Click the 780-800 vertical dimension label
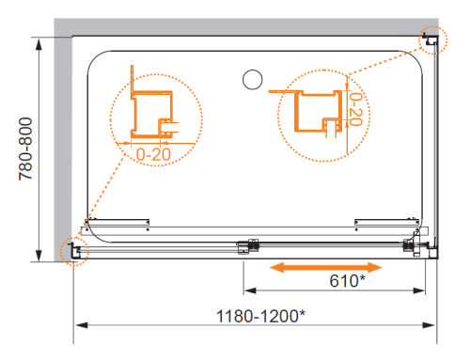click(25, 149)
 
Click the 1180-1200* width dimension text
click(260, 316)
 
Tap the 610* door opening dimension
click(347, 281)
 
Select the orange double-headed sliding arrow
click(326, 268)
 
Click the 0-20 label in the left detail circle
click(153, 154)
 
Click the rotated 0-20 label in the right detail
click(356, 109)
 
